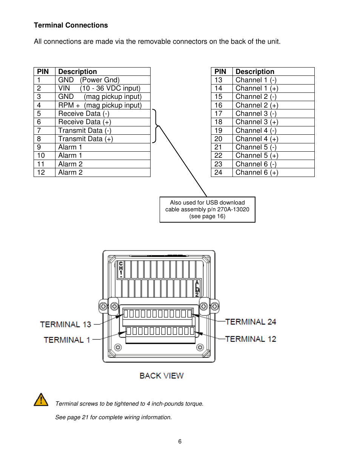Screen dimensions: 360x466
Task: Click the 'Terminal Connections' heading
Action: tap(71, 25)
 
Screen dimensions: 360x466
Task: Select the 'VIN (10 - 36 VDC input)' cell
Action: tap(103, 88)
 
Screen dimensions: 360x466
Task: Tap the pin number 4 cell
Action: tap(45, 105)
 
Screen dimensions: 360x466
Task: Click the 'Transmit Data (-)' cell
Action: tap(103, 131)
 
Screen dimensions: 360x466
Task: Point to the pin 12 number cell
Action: tap(45, 172)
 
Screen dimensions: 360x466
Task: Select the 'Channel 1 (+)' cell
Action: tap(273, 88)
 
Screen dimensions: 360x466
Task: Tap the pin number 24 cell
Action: tap(222, 172)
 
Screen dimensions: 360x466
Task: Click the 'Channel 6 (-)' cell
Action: tap(273, 164)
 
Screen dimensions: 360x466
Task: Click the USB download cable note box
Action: tap(207, 209)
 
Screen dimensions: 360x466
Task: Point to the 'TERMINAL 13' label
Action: tap(66, 325)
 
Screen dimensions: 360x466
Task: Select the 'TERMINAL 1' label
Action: tap(67, 340)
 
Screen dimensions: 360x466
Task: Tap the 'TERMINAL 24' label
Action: tap(251, 322)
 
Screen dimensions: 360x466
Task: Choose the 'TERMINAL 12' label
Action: tap(251, 339)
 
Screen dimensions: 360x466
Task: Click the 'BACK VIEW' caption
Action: tap(162, 376)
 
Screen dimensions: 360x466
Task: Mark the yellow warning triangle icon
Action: tap(41, 400)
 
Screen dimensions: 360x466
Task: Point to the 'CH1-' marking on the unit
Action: tap(121, 269)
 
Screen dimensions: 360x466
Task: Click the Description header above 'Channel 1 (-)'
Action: tap(255, 71)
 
